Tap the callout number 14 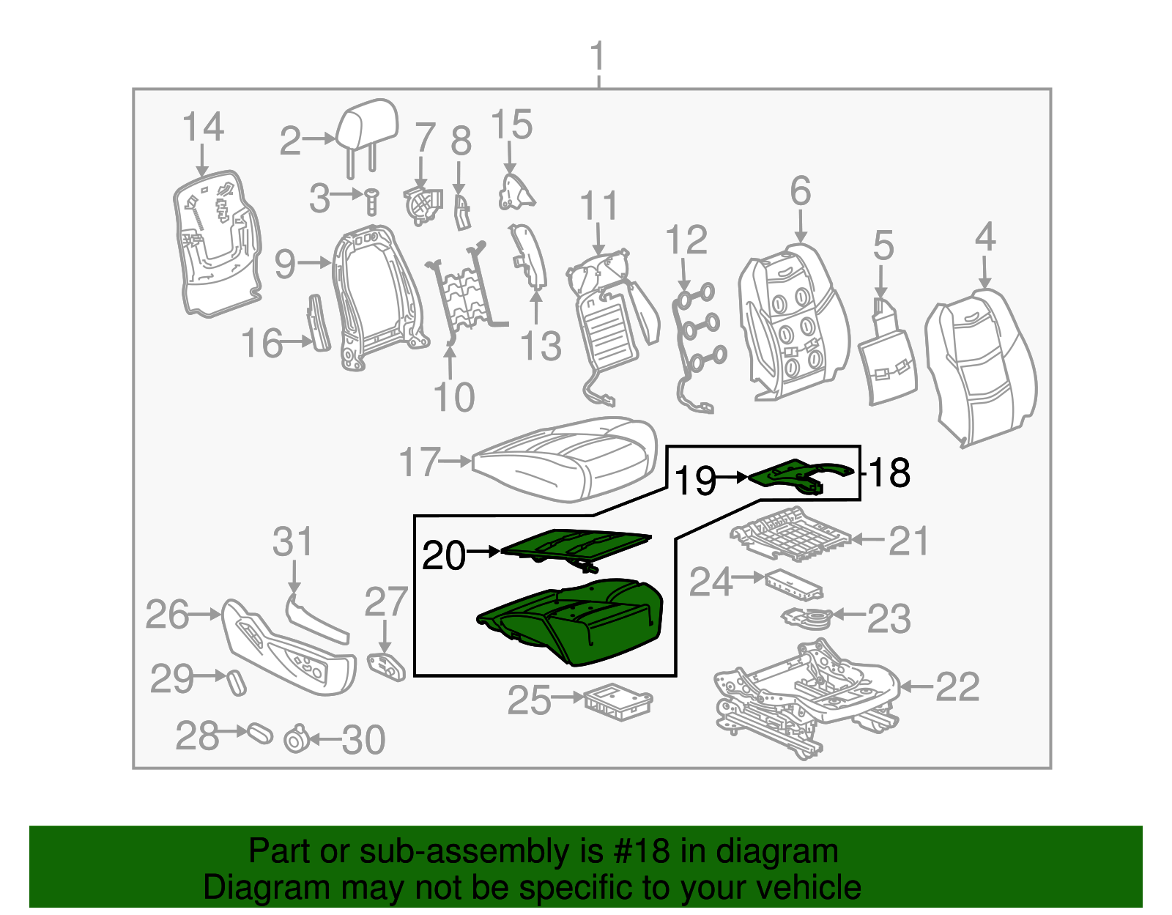click(202, 127)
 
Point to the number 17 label click(420, 463)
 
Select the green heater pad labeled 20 click(575, 544)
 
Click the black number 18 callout click(890, 473)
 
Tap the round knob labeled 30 click(296, 740)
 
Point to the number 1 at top click(598, 57)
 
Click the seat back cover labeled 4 click(982, 366)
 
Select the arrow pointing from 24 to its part click(749, 577)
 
